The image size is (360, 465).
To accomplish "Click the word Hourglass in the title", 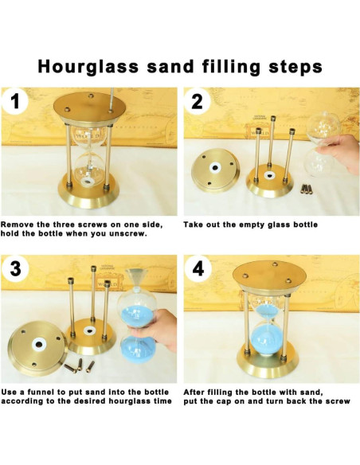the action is pyautogui.click(x=88, y=68).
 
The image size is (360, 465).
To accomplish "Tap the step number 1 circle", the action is pyautogui.click(x=15, y=101).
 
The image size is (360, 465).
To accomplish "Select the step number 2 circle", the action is pyautogui.click(x=198, y=102).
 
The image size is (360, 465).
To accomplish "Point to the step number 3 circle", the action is pyautogui.click(x=15, y=269).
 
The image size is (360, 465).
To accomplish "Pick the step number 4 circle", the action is pyautogui.click(x=198, y=269).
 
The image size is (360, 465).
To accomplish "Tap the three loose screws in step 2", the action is pyautogui.click(x=307, y=189).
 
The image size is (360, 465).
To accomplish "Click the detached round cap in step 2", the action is pyautogui.click(x=215, y=170).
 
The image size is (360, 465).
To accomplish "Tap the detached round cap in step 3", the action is pyautogui.click(x=38, y=347).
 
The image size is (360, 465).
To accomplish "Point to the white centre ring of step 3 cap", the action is pyautogui.click(x=38, y=344).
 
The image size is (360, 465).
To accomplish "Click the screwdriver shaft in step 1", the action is pyautogui.click(x=112, y=99).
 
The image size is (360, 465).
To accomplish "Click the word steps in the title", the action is pyautogui.click(x=295, y=68).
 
